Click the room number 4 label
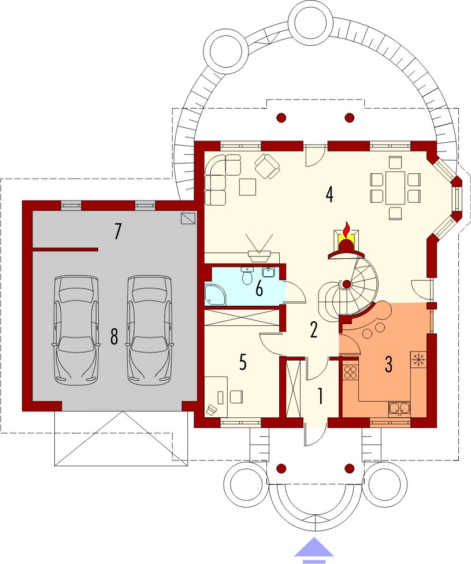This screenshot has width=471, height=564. click(x=329, y=195)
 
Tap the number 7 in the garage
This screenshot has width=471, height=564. click(x=117, y=231)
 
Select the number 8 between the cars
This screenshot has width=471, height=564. click(x=114, y=337)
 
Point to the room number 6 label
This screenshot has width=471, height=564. click(x=259, y=289)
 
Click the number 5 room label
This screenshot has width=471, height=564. click(x=243, y=362)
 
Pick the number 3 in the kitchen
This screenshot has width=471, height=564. click(x=388, y=364)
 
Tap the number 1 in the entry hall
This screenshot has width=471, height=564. click(x=320, y=396)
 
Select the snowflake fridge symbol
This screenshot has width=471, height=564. click(x=418, y=359)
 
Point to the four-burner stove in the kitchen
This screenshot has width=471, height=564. click(x=350, y=372)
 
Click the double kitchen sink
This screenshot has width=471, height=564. click(x=399, y=409)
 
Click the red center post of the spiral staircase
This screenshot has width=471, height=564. click(x=347, y=284)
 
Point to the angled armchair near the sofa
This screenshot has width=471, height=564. click(x=267, y=165)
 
